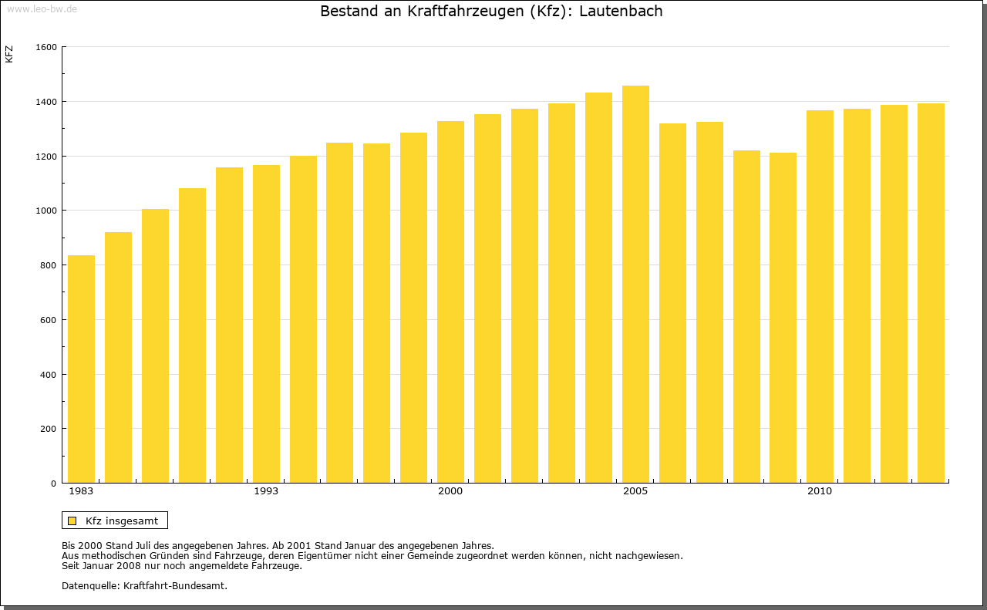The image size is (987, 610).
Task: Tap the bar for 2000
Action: (450, 302)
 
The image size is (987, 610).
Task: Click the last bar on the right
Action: (931, 293)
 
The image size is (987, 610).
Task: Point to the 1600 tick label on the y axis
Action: (46, 47)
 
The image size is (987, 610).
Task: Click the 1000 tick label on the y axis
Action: (46, 211)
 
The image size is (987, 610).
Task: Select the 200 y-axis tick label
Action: (49, 429)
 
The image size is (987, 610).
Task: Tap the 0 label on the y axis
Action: (54, 484)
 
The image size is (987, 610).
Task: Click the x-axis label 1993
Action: (266, 491)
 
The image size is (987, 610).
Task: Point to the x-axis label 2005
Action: (635, 491)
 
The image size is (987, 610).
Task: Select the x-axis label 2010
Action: (820, 491)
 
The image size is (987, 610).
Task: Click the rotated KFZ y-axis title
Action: (9, 54)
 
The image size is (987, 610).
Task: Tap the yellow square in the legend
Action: (72, 521)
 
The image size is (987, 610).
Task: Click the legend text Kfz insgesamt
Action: (122, 521)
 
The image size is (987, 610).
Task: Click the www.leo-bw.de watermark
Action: (42, 8)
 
